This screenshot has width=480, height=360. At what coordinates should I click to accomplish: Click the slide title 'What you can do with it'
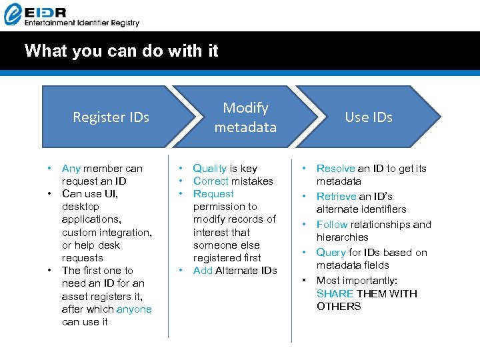pyautogui.click(x=121, y=51)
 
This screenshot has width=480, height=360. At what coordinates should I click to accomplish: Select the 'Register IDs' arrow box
pyautogui.click(x=111, y=117)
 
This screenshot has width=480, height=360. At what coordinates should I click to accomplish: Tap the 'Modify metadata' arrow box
pyautogui.click(x=245, y=117)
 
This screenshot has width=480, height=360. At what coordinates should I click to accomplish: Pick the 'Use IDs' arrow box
pyautogui.click(x=369, y=117)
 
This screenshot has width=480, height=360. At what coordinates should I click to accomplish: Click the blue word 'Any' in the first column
pyautogui.click(x=71, y=169)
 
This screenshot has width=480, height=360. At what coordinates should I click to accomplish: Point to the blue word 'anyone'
pyautogui.click(x=134, y=309)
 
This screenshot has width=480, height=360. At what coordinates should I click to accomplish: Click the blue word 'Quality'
pyautogui.click(x=209, y=169)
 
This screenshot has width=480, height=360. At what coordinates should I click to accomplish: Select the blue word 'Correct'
pyautogui.click(x=210, y=181)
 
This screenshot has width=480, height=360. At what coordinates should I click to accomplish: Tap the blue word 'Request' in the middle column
pyautogui.click(x=213, y=194)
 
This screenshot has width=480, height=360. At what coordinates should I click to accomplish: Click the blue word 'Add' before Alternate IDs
pyautogui.click(x=203, y=271)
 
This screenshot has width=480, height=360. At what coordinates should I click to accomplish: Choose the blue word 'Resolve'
pyautogui.click(x=335, y=169)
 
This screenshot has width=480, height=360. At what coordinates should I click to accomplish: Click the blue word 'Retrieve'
pyautogui.click(x=336, y=197)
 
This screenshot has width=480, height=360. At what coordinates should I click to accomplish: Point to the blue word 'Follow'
pyautogui.click(x=331, y=225)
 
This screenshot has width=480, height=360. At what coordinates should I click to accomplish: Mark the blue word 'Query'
pyautogui.click(x=331, y=253)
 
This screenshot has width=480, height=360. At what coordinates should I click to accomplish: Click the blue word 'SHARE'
pyautogui.click(x=335, y=293)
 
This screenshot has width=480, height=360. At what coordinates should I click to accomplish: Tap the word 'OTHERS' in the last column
pyautogui.click(x=339, y=307)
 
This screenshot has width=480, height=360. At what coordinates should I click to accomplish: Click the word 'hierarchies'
pyautogui.click(x=342, y=237)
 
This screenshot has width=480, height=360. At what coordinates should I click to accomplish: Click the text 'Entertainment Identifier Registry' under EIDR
pyautogui.click(x=81, y=23)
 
